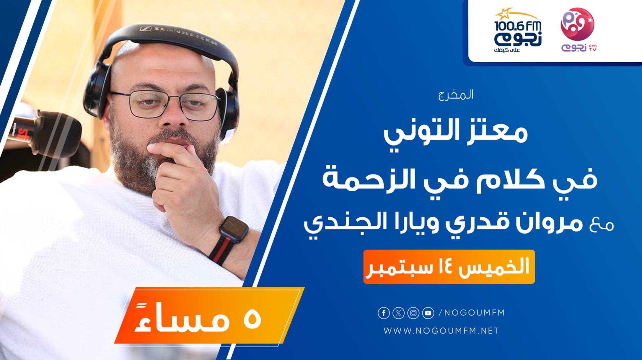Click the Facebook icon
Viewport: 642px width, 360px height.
tap(384, 313)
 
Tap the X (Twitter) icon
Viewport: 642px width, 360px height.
tap(399, 313)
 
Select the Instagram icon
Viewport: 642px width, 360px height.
tap(413, 313)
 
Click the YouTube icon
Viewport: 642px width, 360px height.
tap(428, 313)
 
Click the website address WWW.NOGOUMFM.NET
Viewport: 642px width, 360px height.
tap(441, 331)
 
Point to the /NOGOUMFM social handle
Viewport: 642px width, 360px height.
tap(472, 313)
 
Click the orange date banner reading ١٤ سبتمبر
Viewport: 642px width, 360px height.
tap(449, 267)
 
